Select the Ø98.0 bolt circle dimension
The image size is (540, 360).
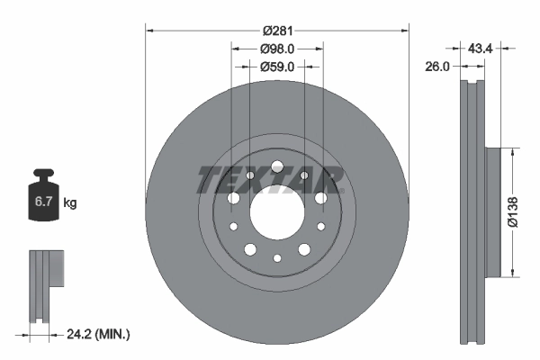pos(277,49)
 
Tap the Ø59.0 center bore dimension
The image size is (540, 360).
pos(277,66)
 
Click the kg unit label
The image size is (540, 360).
pos(69,203)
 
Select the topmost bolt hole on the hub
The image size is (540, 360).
pos(276,166)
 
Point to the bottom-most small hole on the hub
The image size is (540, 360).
pos(276,257)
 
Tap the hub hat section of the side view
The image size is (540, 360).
pos(493,212)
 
